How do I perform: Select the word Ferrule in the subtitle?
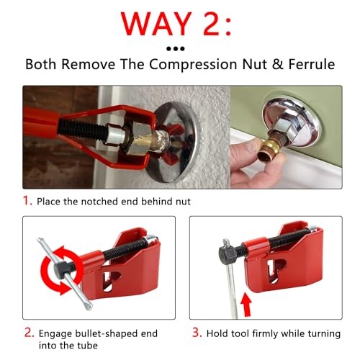[x=310, y=64]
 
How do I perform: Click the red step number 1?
[x=28, y=201]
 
